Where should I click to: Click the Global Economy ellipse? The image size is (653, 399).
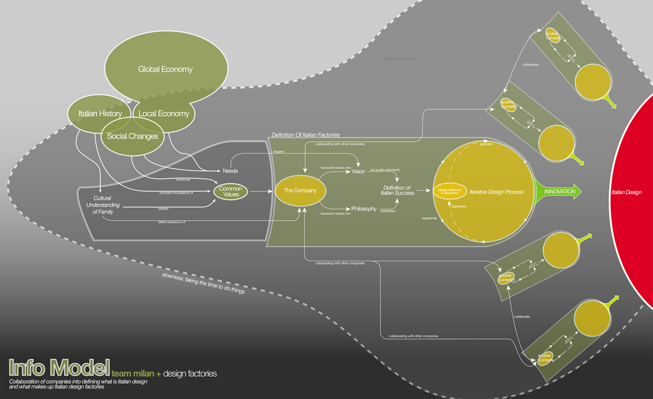click(166, 69)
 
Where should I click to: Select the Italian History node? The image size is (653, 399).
click(100, 114)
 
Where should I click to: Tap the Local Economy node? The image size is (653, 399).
click(164, 114)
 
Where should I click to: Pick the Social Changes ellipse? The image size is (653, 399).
click(133, 137)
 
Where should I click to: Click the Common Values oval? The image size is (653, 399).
click(230, 192)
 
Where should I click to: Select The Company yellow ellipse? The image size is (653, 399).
click(300, 190)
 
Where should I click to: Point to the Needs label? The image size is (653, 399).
click(230, 171)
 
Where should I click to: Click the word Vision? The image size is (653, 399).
click(358, 171)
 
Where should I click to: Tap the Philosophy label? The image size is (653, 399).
click(364, 209)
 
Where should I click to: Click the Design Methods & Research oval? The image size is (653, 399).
click(450, 191)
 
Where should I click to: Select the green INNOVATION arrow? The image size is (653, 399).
click(558, 192)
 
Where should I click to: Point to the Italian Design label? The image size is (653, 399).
click(626, 192)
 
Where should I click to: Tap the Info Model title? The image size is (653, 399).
click(59, 368)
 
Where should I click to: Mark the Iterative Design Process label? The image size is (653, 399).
click(496, 192)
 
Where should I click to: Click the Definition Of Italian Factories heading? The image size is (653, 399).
click(306, 134)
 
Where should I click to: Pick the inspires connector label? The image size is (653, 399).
click(278, 152)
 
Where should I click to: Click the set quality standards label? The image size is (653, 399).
click(385, 170)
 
